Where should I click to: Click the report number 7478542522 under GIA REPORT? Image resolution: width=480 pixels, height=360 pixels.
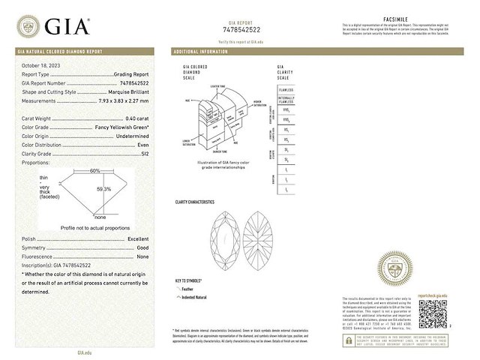point(245,29)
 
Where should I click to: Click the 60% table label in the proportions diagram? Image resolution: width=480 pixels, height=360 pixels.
point(94,171)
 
